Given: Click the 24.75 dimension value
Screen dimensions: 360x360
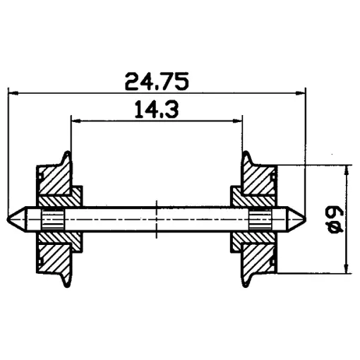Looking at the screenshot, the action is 157,81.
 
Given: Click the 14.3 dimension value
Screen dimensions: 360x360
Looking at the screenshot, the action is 157,109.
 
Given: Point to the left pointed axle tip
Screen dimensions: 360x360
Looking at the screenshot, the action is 8,220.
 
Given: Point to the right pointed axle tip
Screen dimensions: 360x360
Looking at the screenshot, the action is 306,220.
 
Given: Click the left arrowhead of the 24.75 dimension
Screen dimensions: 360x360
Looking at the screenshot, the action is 13,93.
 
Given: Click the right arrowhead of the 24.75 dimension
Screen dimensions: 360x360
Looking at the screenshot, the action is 301,93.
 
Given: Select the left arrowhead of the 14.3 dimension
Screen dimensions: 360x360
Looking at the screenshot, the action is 76,121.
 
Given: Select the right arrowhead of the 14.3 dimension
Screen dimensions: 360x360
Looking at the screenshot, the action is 237,121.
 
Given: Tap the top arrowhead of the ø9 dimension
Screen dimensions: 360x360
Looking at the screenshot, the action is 346,170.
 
